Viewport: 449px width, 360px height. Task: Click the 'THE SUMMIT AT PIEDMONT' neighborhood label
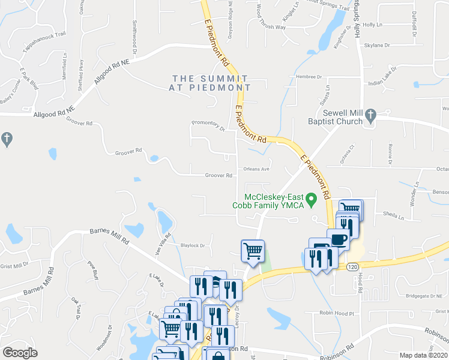coord(209,83)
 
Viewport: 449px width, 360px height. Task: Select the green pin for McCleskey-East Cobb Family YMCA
coord(311,198)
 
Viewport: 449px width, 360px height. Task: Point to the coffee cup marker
coord(339,239)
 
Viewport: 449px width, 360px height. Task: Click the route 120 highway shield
coord(352,265)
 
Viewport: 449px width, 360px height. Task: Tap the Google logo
coord(20,353)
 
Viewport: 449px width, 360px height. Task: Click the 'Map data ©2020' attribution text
coord(423,355)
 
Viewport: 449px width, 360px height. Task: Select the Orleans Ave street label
coord(255,169)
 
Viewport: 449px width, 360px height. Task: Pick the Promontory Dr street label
coord(208,125)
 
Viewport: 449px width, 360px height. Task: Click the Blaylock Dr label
coord(193,245)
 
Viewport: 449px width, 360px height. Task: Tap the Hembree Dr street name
coord(309,77)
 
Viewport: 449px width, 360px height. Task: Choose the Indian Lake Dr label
coord(384,83)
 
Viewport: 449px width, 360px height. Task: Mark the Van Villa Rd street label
coord(163,244)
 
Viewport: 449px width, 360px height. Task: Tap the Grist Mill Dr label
coord(14,265)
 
